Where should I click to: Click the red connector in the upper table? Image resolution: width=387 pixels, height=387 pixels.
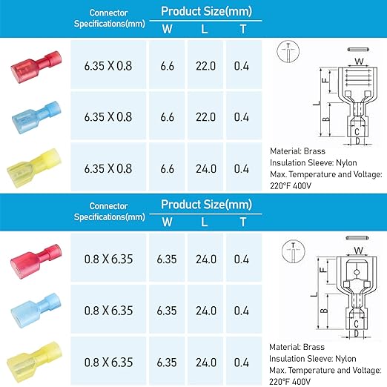36,67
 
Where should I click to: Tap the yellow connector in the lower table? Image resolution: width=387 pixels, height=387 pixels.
35,362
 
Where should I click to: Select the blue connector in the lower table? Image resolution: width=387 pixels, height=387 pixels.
36,311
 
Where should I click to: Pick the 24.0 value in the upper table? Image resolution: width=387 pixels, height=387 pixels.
206,169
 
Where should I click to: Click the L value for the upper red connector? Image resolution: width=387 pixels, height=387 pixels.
205,66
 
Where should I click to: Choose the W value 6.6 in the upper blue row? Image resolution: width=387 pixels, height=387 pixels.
167,117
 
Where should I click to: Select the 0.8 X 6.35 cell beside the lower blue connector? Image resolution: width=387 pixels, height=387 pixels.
108,311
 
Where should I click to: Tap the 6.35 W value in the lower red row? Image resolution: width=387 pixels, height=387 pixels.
167,259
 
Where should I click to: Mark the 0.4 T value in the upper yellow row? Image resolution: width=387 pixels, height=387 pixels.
242,169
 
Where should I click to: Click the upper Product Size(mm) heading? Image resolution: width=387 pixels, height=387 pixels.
206,11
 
